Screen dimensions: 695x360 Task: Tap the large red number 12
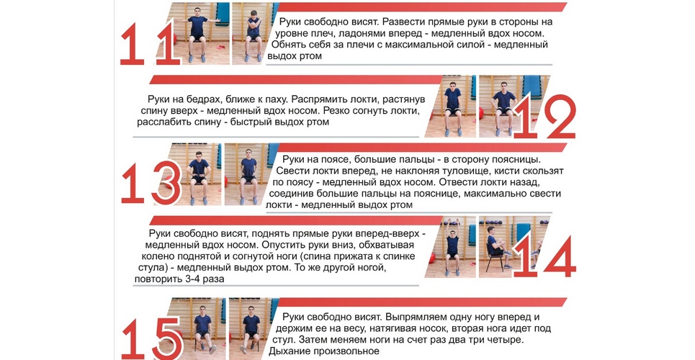click(x=544, y=116)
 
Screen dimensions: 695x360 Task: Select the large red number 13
click(x=151, y=183)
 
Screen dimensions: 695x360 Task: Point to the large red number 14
click(x=544, y=257)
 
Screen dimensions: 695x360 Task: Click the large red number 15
click(x=151, y=338)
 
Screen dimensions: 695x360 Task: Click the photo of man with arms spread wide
click(x=197, y=33)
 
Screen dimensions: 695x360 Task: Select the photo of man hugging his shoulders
click(x=253, y=33)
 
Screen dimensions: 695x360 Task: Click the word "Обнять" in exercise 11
click(x=289, y=45)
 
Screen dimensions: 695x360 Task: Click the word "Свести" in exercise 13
click(x=292, y=171)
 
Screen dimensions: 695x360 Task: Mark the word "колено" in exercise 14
click(x=158, y=256)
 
